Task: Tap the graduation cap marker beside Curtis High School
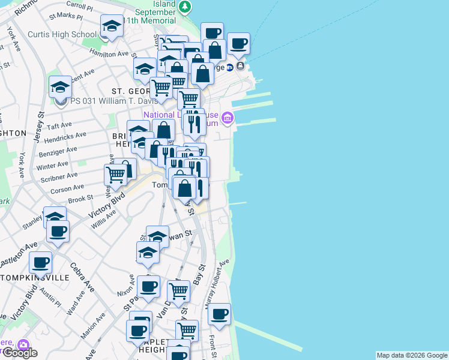coord(111,27)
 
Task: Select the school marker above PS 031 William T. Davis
coord(60,88)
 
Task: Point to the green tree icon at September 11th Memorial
coord(185,7)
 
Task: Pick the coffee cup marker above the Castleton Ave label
coord(58,232)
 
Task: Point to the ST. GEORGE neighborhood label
coord(127,91)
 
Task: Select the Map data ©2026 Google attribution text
coord(411,355)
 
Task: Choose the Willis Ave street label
coord(103,218)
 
